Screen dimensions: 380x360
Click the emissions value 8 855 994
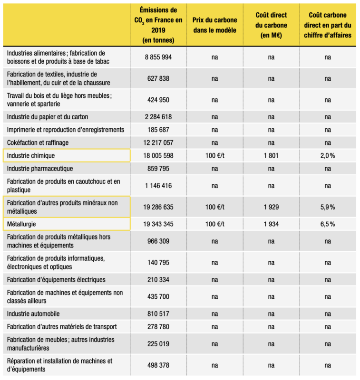pos(158,57)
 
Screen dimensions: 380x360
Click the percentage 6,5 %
pos(327,224)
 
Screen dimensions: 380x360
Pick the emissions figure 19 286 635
pos(158,207)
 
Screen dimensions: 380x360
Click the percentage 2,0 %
pos(327,155)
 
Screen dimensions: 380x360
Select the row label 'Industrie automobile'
pos(33,313)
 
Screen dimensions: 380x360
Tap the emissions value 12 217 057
pos(158,142)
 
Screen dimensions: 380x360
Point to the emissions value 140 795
pos(158,262)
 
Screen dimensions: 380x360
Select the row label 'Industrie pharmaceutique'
pos(40,169)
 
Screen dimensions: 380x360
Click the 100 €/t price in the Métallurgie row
pos(214,224)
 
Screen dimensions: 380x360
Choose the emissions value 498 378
pos(158,365)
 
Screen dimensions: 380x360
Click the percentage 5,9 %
pos(327,207)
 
